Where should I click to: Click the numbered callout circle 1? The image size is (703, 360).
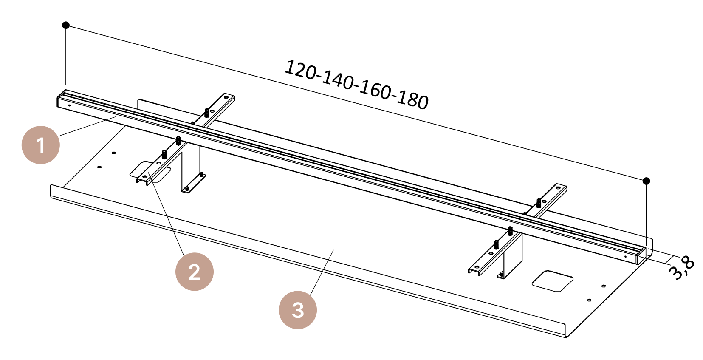[40, 145]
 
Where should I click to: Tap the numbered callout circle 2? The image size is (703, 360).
[194, 272]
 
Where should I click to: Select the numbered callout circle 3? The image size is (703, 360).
[297, 310]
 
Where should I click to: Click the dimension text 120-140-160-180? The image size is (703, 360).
[356, 85]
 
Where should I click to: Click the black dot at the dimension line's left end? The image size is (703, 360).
[65, 25]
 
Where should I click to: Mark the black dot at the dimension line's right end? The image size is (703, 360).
[646, 181]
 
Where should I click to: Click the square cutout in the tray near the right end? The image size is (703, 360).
[553, 281]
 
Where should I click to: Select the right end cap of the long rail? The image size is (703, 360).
[641, 256]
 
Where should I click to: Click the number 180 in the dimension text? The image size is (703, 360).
[412, 101]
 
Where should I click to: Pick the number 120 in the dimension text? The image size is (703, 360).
[300, 70]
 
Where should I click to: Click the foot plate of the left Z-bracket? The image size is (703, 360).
[194, 183]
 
